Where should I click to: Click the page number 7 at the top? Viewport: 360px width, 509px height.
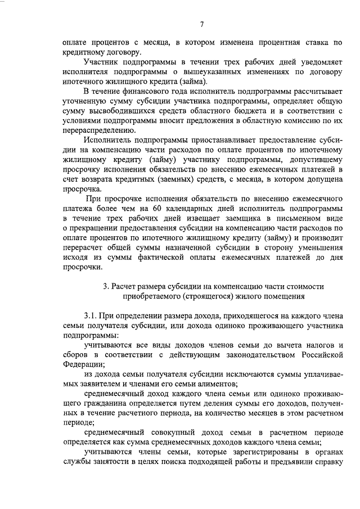[x=201, y=24]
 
